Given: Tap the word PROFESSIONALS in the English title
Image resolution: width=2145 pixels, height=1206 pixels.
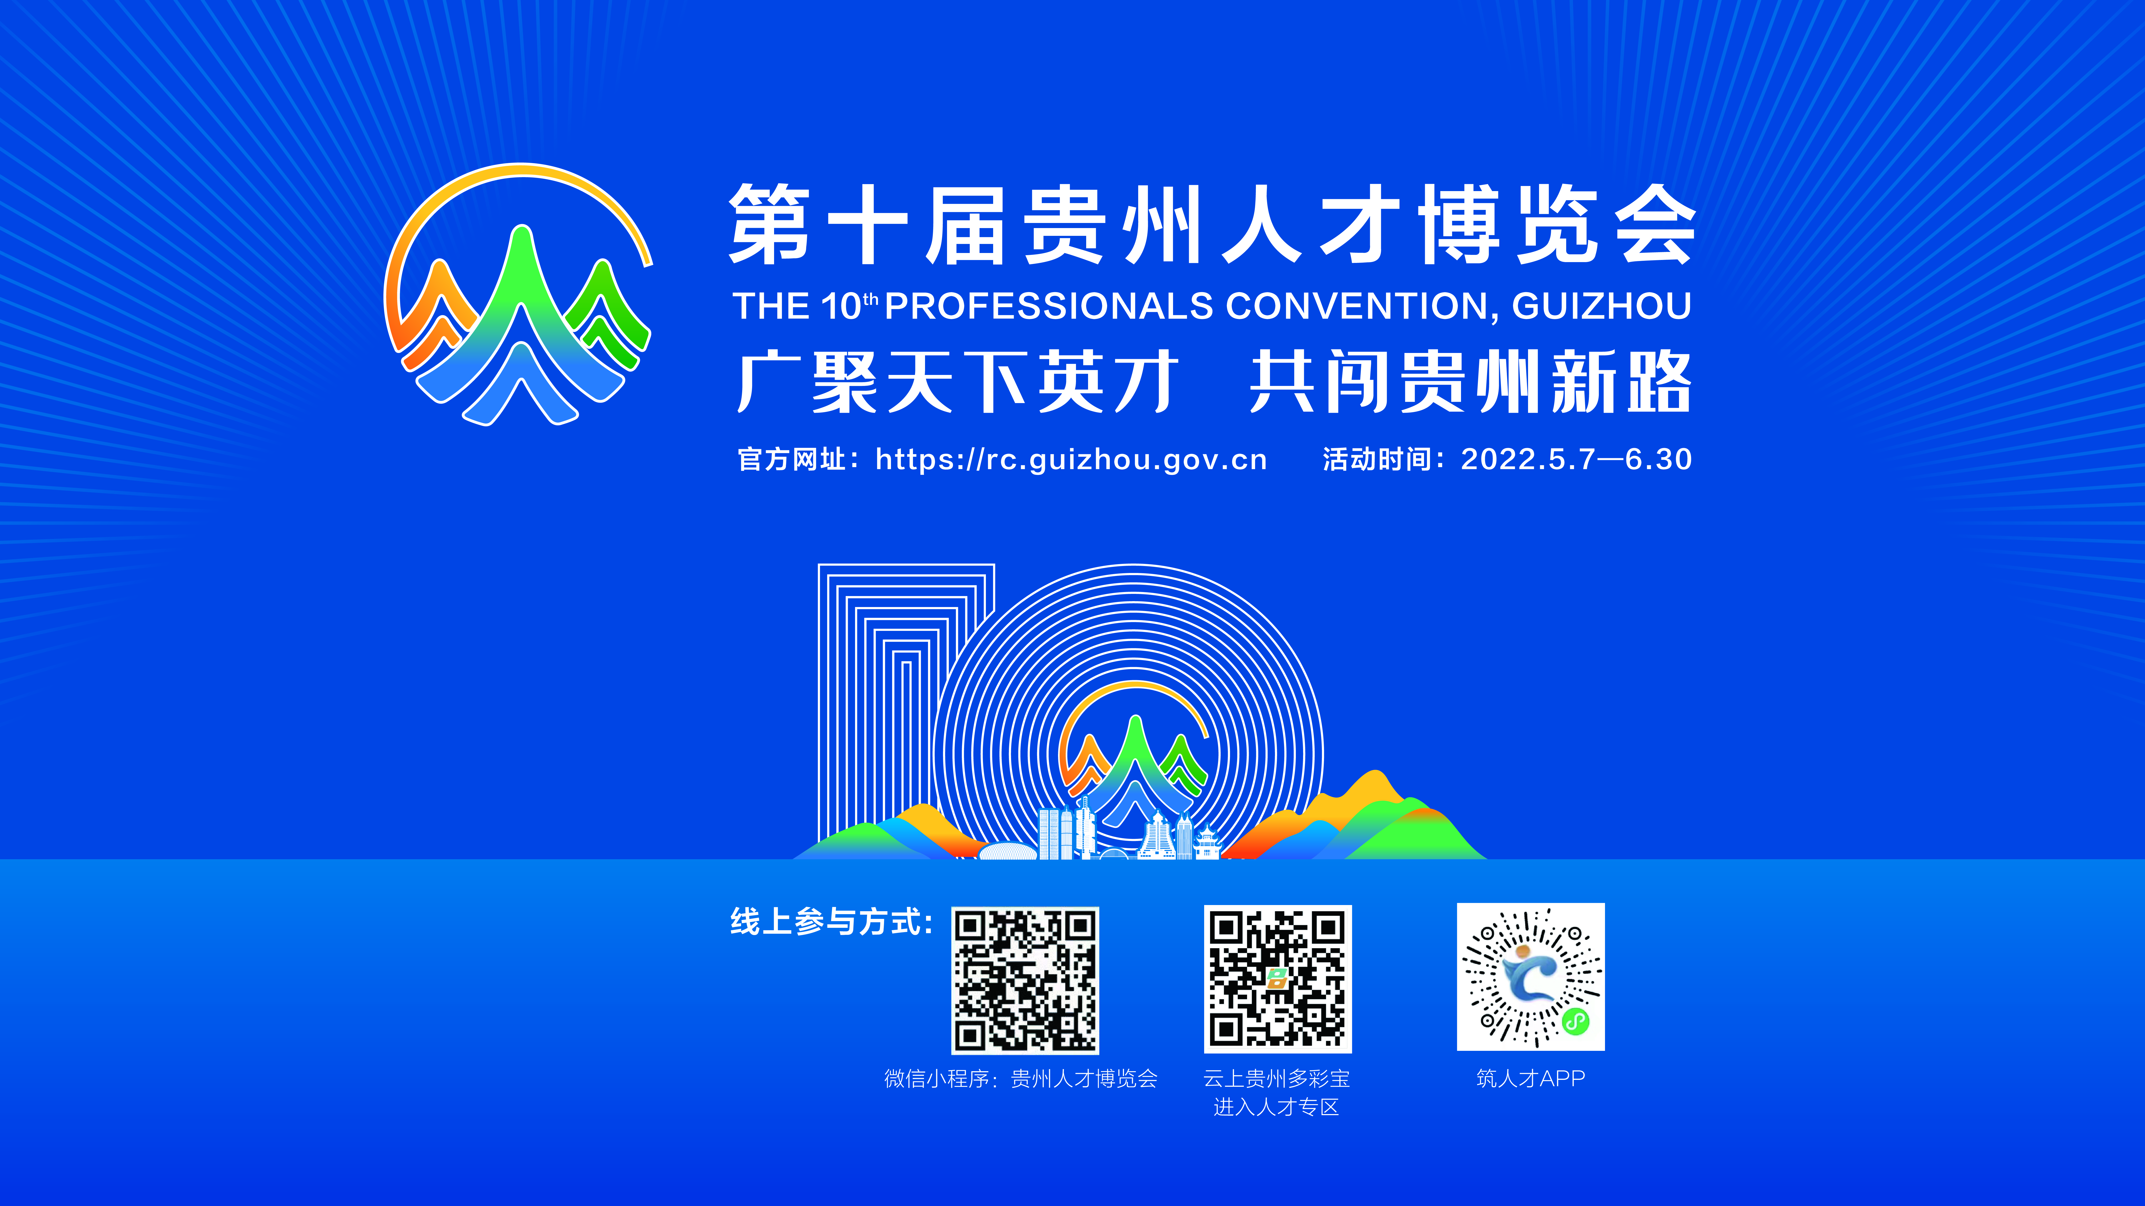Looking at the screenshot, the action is coord(1048,306).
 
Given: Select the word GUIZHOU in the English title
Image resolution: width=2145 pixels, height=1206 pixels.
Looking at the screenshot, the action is coord(1601,306).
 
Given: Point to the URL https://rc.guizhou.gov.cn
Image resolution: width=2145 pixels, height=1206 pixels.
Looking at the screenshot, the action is coord(1071,459).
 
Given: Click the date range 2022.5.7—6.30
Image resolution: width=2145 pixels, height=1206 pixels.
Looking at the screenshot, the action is coord(1576,459).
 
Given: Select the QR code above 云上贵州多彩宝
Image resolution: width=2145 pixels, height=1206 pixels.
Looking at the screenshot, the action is coord(1277,979).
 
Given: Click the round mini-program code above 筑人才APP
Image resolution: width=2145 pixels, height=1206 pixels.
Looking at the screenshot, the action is coord(1530,976).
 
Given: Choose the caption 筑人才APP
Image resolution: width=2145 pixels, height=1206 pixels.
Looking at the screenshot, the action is coord(1530,1079).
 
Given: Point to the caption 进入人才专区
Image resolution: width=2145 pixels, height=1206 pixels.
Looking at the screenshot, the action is coord(1277,1107).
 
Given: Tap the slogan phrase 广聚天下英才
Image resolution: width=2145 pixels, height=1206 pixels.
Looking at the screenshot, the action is coord(957,382).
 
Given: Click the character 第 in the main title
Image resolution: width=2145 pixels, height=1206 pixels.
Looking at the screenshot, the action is coord(770,225).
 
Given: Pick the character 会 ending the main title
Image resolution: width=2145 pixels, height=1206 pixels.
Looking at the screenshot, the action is coord(1655,225).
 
